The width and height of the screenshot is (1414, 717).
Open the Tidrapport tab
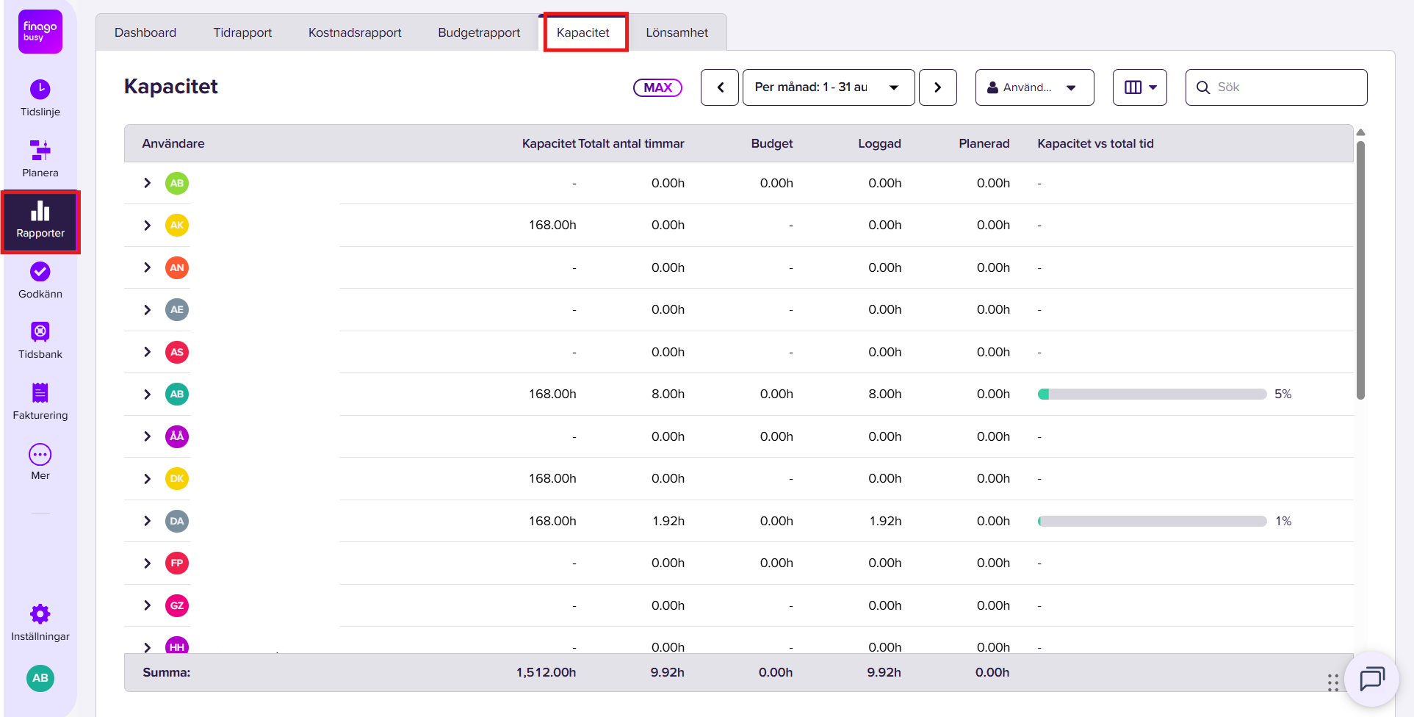(x=242, y=32)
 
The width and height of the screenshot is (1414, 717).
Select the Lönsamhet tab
(x=677, y=32)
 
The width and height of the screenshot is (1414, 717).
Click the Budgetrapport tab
(x=479, y=32)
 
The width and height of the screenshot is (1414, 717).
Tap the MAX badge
(x=657, y=87)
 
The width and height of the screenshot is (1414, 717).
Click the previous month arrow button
(x=720, y=87)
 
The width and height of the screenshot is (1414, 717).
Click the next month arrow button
(x=938, y=87)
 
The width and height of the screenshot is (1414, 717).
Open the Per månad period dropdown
(x=829, y=87)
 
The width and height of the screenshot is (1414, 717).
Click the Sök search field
(x=1277, y=87)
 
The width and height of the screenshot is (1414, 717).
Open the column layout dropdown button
(x=1140, y=87)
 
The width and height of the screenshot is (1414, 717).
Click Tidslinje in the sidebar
(x=40, y=98)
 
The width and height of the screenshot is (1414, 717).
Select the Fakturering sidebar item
(x=40, y=402)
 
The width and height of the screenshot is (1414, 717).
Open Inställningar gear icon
(x=40, y=613)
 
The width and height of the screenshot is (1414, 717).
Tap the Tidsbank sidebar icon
(x=40, y=331)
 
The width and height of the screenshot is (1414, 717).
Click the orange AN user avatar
(x=177, y=267)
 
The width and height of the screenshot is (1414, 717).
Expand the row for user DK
(x=148, y=479)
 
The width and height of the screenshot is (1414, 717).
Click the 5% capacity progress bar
(x=1152, y=394)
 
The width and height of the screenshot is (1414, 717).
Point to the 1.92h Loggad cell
(x=885, y=521)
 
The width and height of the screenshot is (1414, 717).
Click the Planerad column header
(x=984, y=143)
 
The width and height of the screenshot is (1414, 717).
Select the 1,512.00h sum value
(x=546, y=672)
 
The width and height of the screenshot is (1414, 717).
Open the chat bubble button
(x=1371, y=679)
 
